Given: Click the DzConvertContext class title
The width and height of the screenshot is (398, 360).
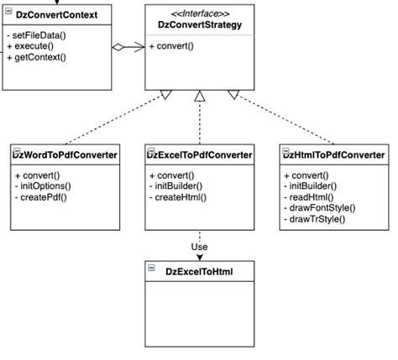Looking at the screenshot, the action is [x=56, y=15].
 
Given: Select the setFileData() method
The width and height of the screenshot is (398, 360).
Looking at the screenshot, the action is [x=36, y=35].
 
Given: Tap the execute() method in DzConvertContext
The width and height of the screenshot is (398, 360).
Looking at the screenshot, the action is [x=30, y=46].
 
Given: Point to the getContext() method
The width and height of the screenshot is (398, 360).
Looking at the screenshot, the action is [x=37, y=57].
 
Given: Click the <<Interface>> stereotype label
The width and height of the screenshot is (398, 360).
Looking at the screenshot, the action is [x=200, y=13].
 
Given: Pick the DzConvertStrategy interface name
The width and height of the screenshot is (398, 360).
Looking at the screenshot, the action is [x=200, y=24].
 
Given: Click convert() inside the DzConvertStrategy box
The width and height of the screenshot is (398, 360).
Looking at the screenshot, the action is [x=171, y=46].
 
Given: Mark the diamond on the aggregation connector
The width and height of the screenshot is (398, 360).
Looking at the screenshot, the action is [x=118, y=47].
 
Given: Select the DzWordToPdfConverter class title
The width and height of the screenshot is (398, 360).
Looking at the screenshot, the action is [x=65, y=155].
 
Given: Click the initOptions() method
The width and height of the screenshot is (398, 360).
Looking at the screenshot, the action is [x=43, y=186].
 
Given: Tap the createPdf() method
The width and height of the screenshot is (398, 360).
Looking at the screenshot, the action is [x=41, y=197].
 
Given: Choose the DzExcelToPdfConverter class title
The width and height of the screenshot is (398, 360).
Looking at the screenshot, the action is [x=200, y=155].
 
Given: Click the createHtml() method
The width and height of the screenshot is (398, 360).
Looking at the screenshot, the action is [x=178, y=197].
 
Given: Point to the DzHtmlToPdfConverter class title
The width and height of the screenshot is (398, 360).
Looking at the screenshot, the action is [x=334, y=155].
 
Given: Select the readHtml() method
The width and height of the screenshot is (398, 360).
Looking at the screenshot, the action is [x=309, y=197].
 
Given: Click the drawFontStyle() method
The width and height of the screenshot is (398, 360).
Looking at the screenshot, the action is [x=320, y=208].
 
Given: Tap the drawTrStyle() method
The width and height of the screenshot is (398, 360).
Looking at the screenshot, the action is [x=314, y=219].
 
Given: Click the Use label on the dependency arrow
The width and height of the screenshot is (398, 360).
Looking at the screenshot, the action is [x=199, y=247].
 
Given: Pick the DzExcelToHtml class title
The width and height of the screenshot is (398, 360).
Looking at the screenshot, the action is [x=199, y=272].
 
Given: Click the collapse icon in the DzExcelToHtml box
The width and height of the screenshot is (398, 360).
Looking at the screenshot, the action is [x=151, y=268].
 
